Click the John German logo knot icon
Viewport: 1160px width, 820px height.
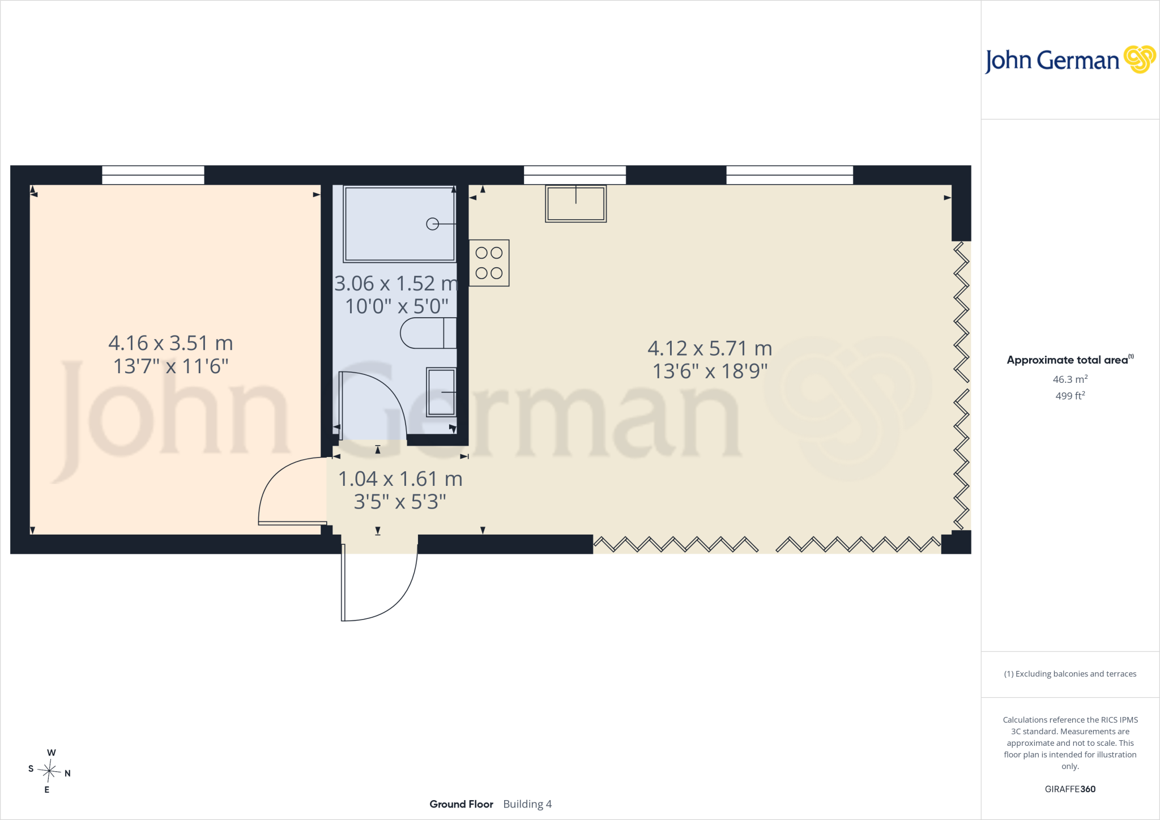click(1139, 59)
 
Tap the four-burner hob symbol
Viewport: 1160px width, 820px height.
click(489, 263)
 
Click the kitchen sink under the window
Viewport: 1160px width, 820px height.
click(576, 203)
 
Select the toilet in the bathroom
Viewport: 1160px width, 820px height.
click(428, 333)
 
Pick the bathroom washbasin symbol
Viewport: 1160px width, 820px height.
click(441, 392)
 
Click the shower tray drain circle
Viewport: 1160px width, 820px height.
click(432, 224)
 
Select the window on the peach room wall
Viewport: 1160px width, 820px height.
click(153, 175)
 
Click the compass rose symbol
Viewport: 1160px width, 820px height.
click(49, 771)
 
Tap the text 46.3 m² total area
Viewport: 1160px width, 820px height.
click(1070, 379)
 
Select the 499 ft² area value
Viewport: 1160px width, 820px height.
click(1070, 395)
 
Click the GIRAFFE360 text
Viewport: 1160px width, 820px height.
click(1070, 789)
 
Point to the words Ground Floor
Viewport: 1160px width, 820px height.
click(461, 804)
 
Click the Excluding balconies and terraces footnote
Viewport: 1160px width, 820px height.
click(1070, 674)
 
